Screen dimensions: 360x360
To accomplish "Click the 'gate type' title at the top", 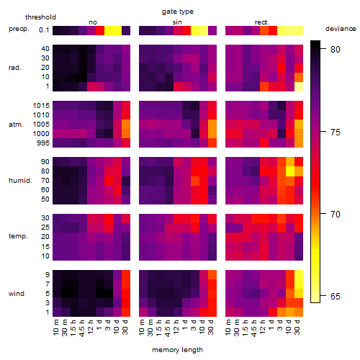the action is pos(178,12).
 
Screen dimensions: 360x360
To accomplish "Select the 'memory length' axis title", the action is pos(177,350).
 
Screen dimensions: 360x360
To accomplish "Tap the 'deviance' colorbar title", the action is pos(341,29).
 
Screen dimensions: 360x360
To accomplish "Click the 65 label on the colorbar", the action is pos(336,297).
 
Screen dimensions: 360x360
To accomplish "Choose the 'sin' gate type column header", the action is pos(177,22).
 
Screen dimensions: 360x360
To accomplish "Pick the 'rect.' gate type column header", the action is pos(261,22).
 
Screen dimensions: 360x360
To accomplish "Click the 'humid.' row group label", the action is pos(20,181).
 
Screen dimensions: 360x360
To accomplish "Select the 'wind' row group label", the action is pos(17,294).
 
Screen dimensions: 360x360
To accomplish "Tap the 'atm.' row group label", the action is pos(16,125).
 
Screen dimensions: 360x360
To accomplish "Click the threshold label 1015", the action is pos(41,106).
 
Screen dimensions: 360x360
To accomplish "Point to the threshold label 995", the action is pos(43,143).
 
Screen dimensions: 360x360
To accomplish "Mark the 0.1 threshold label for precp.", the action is pos(44,30).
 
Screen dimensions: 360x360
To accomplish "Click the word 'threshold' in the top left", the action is pos(40,17).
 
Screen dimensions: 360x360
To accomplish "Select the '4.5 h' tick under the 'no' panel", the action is pos(82,328).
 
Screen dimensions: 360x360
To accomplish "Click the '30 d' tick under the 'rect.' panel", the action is pos(297,327).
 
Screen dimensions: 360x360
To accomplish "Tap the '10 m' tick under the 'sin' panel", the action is pos(143,328).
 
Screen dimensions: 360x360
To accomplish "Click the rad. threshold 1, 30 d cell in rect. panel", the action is pos(299,86).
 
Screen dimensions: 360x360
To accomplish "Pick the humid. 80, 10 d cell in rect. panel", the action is pos(290,171).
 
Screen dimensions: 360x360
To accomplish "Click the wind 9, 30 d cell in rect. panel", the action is pos(299,274).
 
